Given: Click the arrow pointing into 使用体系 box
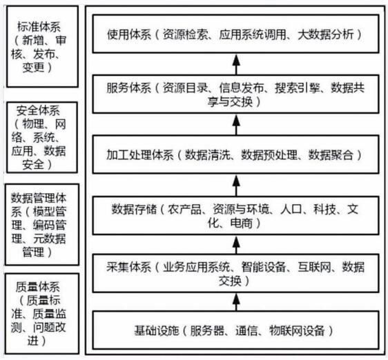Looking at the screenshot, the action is (236, 64).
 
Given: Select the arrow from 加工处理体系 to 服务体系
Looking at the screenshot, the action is (236, 125).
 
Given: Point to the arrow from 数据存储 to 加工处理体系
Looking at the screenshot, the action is (236, 186).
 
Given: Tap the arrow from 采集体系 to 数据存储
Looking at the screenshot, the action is (236, 246).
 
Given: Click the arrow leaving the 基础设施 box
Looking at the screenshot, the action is (236, 302).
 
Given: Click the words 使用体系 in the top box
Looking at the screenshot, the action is (129, 34).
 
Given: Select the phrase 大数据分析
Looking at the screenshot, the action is (326, 34).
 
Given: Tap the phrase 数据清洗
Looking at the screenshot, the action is (208, 155).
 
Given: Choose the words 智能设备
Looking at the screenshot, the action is (264, 267).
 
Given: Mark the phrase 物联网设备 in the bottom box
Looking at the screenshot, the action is (297, 330).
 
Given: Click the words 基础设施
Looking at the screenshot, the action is (157, 330).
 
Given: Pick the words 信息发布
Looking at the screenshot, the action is (241, 88).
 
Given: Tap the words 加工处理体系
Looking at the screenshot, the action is (140, 155).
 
